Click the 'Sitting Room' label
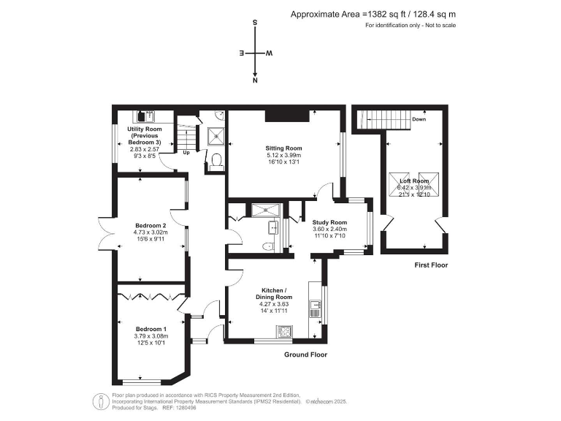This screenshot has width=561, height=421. pyautogui.click(x=283, y=148)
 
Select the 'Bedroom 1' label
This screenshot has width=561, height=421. pyautogui.click(x=150, y=329)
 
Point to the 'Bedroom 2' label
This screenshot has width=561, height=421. pyautogui.click(x=150, y=225)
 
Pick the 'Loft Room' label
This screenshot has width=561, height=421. pyautogui.click(x=414, y=181)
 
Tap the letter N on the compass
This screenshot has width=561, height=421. pyautogui.click(x=255, y=83)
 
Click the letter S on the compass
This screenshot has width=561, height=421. pyautogui.click(x=255, y=23)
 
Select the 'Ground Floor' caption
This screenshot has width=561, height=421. pyautogui.click(x=305, y=354)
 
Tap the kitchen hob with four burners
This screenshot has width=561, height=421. pyautogui.click(x=283, y=333)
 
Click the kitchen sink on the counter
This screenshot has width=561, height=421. pyautogui.click(x=316, y=308)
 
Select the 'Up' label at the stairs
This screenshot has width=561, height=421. pyautogui.click(x=186, y=153)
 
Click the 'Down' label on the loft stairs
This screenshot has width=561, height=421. pyautogui.click(x=419, y=118)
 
